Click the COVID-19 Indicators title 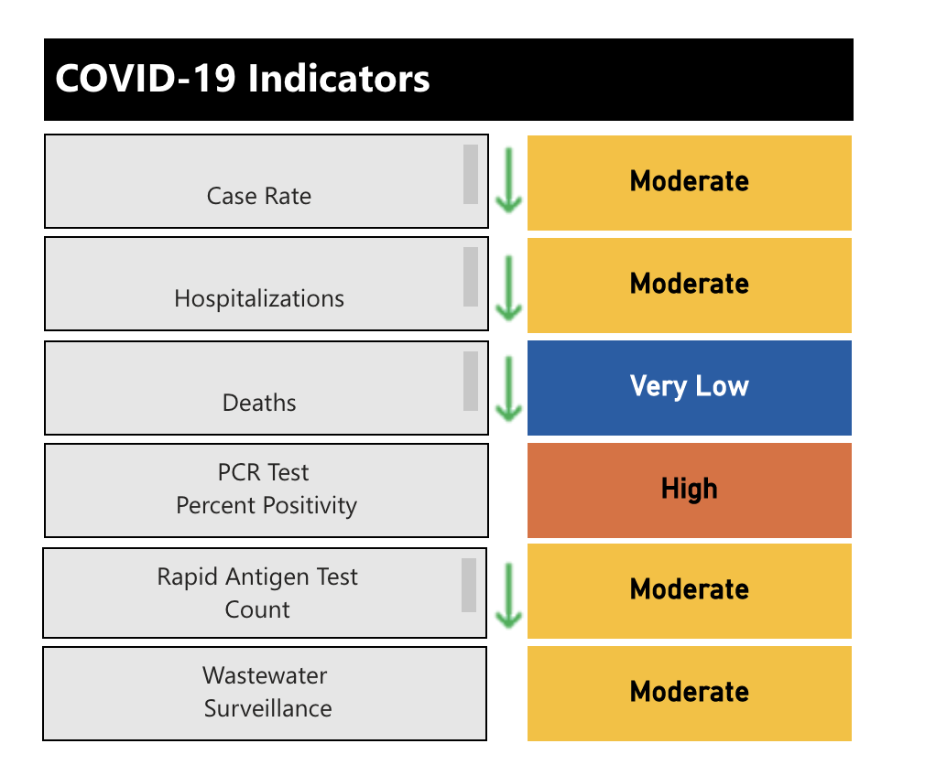[243, 80]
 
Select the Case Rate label [259, 196]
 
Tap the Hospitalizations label [259, 298]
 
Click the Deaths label [259, 403]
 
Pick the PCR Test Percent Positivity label [266, 489]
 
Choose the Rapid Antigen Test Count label [257, 593]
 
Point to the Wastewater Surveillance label [267, 692]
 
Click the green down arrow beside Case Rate [508, 179]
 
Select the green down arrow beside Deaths [508, 389]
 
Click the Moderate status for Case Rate [690, 182]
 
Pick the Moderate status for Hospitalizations [690, 285]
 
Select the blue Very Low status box [690, 387]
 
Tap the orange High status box [690, 490]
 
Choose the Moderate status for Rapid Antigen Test [690, 590]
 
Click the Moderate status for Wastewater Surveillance [690, 693]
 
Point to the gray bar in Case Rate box [470, 174]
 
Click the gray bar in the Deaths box [470, 381]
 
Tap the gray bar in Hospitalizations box [470, 276]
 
